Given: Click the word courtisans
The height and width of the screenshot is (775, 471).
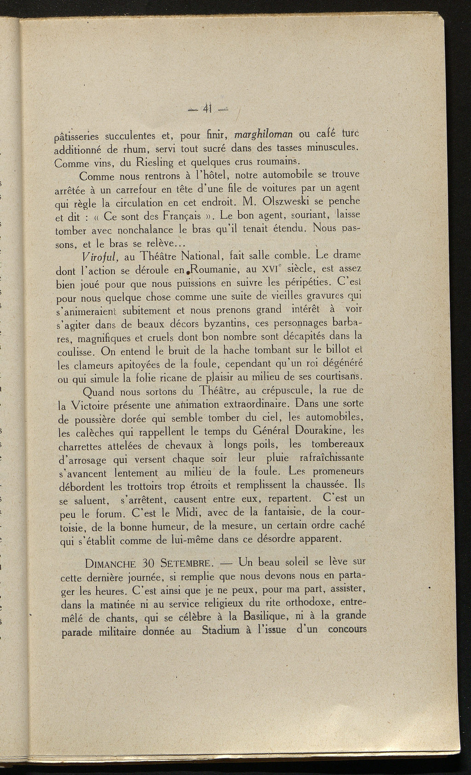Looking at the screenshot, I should point(338,376).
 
